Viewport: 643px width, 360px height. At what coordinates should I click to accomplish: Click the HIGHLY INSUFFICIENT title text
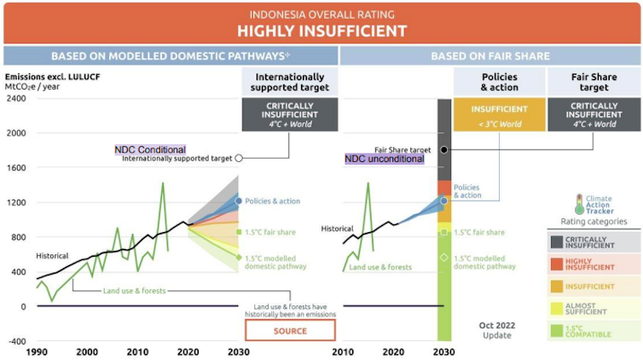pyautogui.click(x=321, y=32)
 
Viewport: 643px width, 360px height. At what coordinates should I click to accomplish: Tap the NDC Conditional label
pyautogui.click(x=150, y=149)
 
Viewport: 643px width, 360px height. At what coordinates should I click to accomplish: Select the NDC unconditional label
pyautogui.click(x=384, y=159)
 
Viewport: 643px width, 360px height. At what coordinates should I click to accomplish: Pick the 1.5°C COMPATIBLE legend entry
pyautogui.click(x=594, y=331)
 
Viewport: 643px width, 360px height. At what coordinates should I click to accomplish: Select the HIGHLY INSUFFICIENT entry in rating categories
pyautogui.click(x=594, y=265)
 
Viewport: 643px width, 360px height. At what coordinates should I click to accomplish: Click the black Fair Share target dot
pyautogui.click(x=444, y=150)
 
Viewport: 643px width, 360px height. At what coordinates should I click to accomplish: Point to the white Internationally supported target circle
pyautogui.click(x=239, y=158)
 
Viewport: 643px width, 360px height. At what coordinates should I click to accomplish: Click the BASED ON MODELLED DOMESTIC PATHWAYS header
pyautogui.click(x=170, y=56)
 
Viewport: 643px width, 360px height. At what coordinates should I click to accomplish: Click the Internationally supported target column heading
pyautogui.click(x=290, y=82)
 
